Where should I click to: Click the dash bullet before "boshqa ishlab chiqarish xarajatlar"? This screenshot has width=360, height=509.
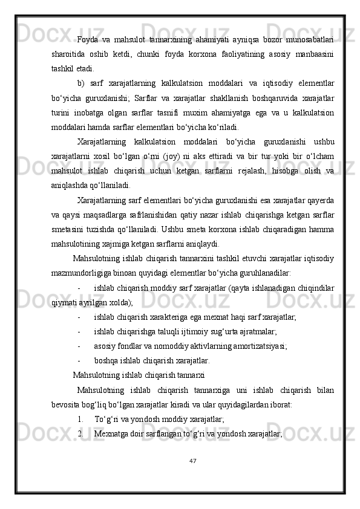[x=80, y=360]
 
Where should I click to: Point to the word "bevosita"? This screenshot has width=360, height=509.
[x=68, y=404]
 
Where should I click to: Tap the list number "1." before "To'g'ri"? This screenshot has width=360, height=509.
[x=81, y=418]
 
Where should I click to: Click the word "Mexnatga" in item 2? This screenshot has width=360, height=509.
[x=111, y=433]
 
